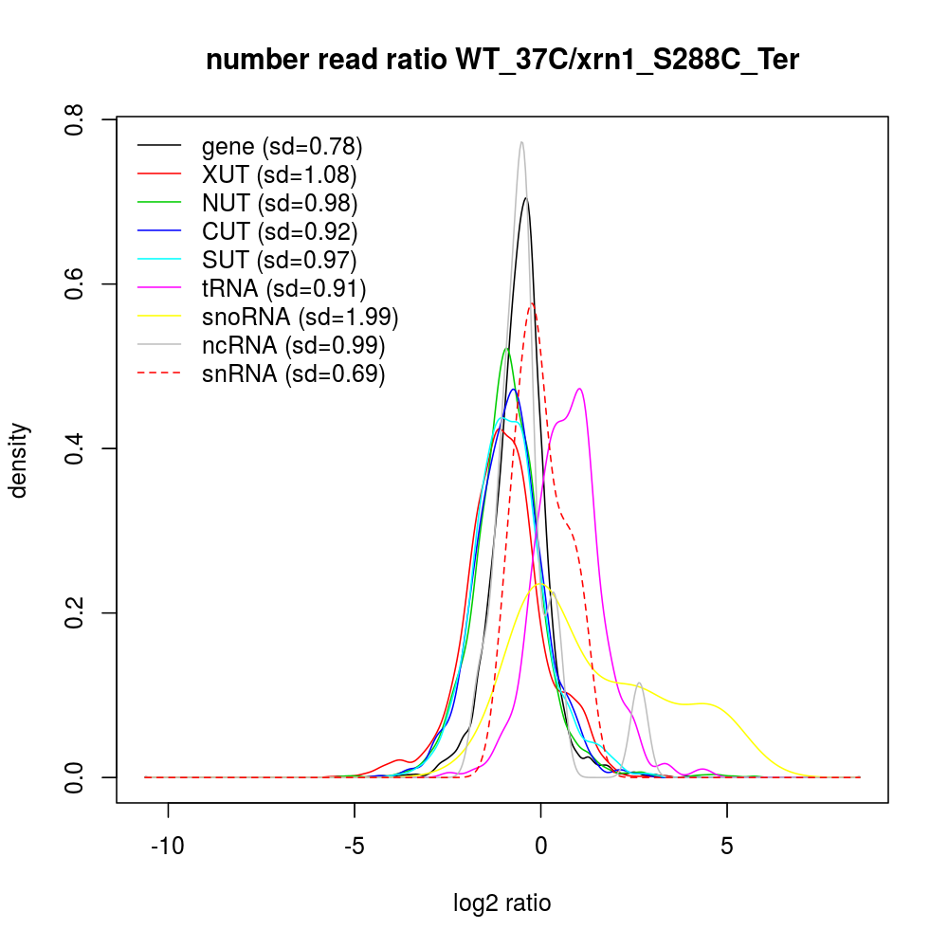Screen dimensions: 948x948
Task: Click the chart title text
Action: point(502,61)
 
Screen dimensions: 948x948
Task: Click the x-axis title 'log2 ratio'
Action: point(502,902)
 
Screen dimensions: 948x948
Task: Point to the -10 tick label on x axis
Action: point(168,846)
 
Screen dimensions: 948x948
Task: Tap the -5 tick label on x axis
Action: point(355,846)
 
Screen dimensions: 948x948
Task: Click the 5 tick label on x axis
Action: point(726,846)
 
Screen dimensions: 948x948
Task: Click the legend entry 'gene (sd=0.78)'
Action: point(283,147)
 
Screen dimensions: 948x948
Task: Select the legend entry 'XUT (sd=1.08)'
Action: point(280,175)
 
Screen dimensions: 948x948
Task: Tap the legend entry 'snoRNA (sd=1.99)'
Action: point(300,317)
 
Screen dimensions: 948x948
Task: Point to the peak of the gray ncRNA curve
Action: point(521,142)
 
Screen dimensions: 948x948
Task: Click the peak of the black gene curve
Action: point(525,198)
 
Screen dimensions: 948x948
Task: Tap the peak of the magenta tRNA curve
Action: point(578,389)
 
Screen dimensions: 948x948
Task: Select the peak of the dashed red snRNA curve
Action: point(533,303)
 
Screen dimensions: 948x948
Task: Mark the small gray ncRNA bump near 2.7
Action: point(641,683)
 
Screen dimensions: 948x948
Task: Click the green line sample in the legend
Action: point(159,203)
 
